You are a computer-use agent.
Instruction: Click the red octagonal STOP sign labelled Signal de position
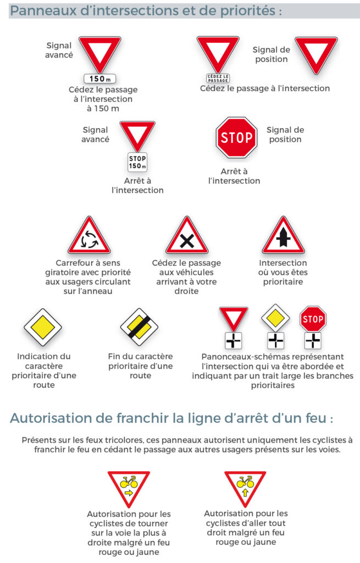[x=236, y=137]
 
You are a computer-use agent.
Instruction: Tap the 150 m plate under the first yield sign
[x=100, y=79]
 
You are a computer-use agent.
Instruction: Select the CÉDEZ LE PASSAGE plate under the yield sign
[x=218, y=78]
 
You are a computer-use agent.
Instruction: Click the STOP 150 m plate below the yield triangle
[x=137, y=162]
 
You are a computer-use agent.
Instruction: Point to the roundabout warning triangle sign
[x=89, y=235]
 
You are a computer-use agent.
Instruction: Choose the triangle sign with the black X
[x=187, y=235]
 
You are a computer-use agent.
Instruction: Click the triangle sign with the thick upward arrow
[x=283, y=235]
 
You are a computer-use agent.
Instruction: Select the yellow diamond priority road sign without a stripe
[x=43, y=327]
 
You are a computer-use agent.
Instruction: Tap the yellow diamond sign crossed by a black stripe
[x=139, y=327]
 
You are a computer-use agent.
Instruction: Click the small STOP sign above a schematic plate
[x=313, y=319]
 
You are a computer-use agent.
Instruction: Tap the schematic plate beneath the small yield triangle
[x=233, y=340]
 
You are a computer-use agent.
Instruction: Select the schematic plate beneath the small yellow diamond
[x=276, y=340]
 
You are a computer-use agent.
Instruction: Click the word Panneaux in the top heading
[x=43, y=11]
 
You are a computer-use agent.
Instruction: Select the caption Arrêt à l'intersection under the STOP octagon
[x=234, y=176]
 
